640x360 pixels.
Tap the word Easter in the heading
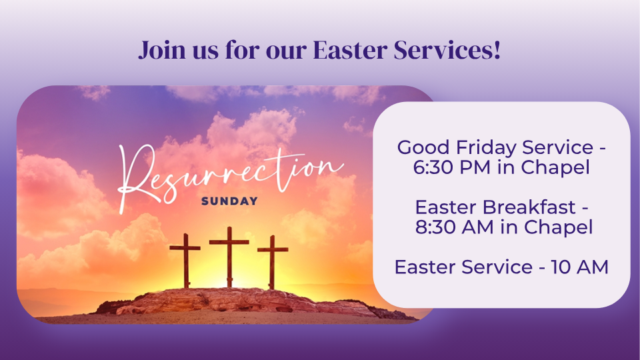(x=350, y=50)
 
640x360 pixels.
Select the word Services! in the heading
(x=447, y=50)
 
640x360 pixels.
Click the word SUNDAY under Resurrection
(x=229, y=201)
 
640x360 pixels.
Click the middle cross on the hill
(x=229, y=257)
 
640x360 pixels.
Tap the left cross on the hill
(x=185, y=261)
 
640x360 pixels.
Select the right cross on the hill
(x=272, y=262)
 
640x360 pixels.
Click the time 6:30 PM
(x=451, y=167)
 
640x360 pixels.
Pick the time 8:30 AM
(x=454, y=227)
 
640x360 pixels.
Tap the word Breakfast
(x=529, y=207)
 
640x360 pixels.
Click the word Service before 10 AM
(x=497, y=267)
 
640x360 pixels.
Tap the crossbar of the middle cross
(x=229, y=242)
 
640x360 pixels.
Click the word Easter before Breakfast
(x=446, y=207)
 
